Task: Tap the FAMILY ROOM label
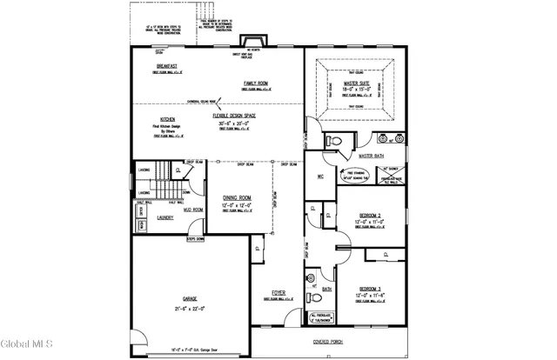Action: [x=256, y=84]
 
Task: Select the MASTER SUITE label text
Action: [x=357, y=83]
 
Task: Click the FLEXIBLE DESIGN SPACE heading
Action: [x=233, y=116]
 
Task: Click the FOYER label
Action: [x=278, y=292]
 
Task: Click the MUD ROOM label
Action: [x=192, y=210]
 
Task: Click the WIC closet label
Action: [x=320, y=177]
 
